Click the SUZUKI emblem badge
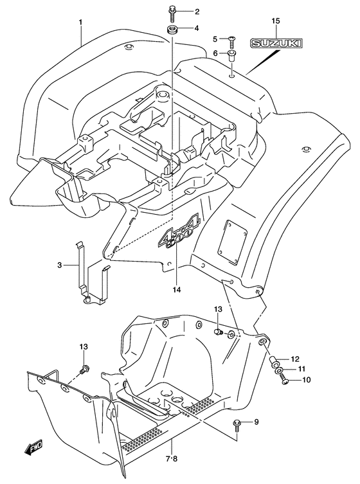276,44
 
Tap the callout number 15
276,21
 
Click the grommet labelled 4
172,31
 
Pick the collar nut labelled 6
233,56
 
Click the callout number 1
80,22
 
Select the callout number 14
177,289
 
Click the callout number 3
60,265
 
